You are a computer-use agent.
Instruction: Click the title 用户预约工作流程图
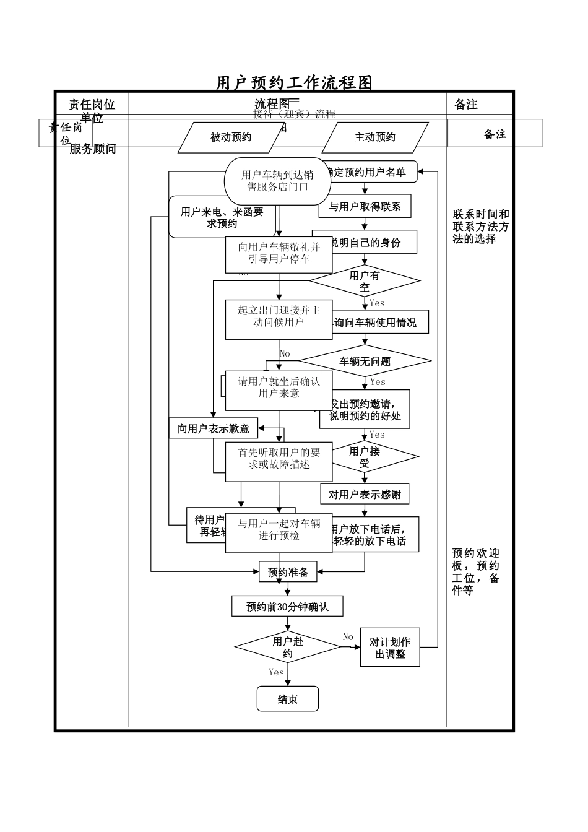pyautogui.click(x=294, y=83)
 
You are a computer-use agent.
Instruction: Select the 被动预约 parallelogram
pyautogui.click(x=231, y=137)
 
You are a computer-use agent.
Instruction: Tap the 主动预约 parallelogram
pyautogui.click(x=374, y=137)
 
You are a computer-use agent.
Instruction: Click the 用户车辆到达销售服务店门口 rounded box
pyautogui.click(x=277, y=181)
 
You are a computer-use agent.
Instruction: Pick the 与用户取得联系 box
pyautogui.click(x=365, y=207)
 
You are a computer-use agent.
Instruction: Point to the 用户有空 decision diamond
pyautogui.click(x=365, y=281)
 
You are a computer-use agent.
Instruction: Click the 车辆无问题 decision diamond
pyautogui.click(x=365, y=362)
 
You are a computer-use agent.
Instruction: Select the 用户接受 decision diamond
pyautogui.click(x=365, y=457)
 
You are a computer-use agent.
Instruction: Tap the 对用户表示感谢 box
pyautogui.click(x=365, y=494)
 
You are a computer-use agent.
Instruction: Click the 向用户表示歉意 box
pyautogui.click(x=214, y=428)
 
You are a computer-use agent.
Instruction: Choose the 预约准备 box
pyautogui.click(x=288, y=572)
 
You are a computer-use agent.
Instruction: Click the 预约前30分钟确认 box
pyautogui.click(x=287, y=607)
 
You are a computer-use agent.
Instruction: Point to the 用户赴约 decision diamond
pyautogui.click(x=288, y=648)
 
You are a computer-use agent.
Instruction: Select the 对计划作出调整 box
pyautogui.click(x=390, y=648)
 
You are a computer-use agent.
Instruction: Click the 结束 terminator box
pyautogui.click(x=288, y=699)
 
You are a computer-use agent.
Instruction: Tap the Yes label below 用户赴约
pyautogui.click(x=276, y=672)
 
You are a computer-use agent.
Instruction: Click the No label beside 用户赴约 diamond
pyautogui.click(x=348, y=637)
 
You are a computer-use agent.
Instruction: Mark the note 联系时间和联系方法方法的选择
pyautogui.click(x=480, y=227)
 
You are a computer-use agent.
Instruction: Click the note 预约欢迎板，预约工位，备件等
pyautogui.click(x=476, y=571)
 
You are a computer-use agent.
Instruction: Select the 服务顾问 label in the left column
pyautogui.click(x=93, y=149)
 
